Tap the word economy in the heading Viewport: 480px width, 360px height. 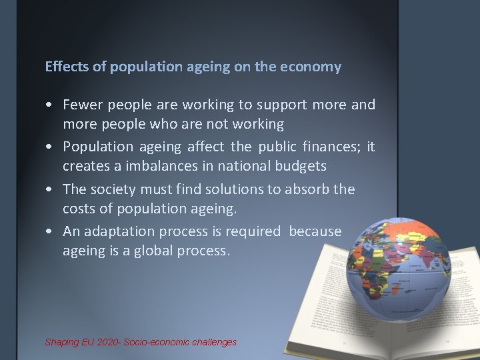(315, 67)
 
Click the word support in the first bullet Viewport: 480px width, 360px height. (283, 105)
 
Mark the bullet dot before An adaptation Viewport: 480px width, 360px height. (50, 232)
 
